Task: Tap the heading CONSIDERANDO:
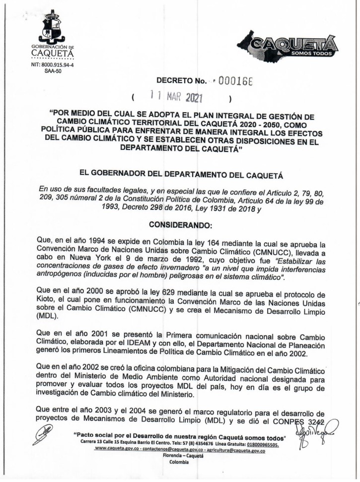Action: [x=180, y=225]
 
